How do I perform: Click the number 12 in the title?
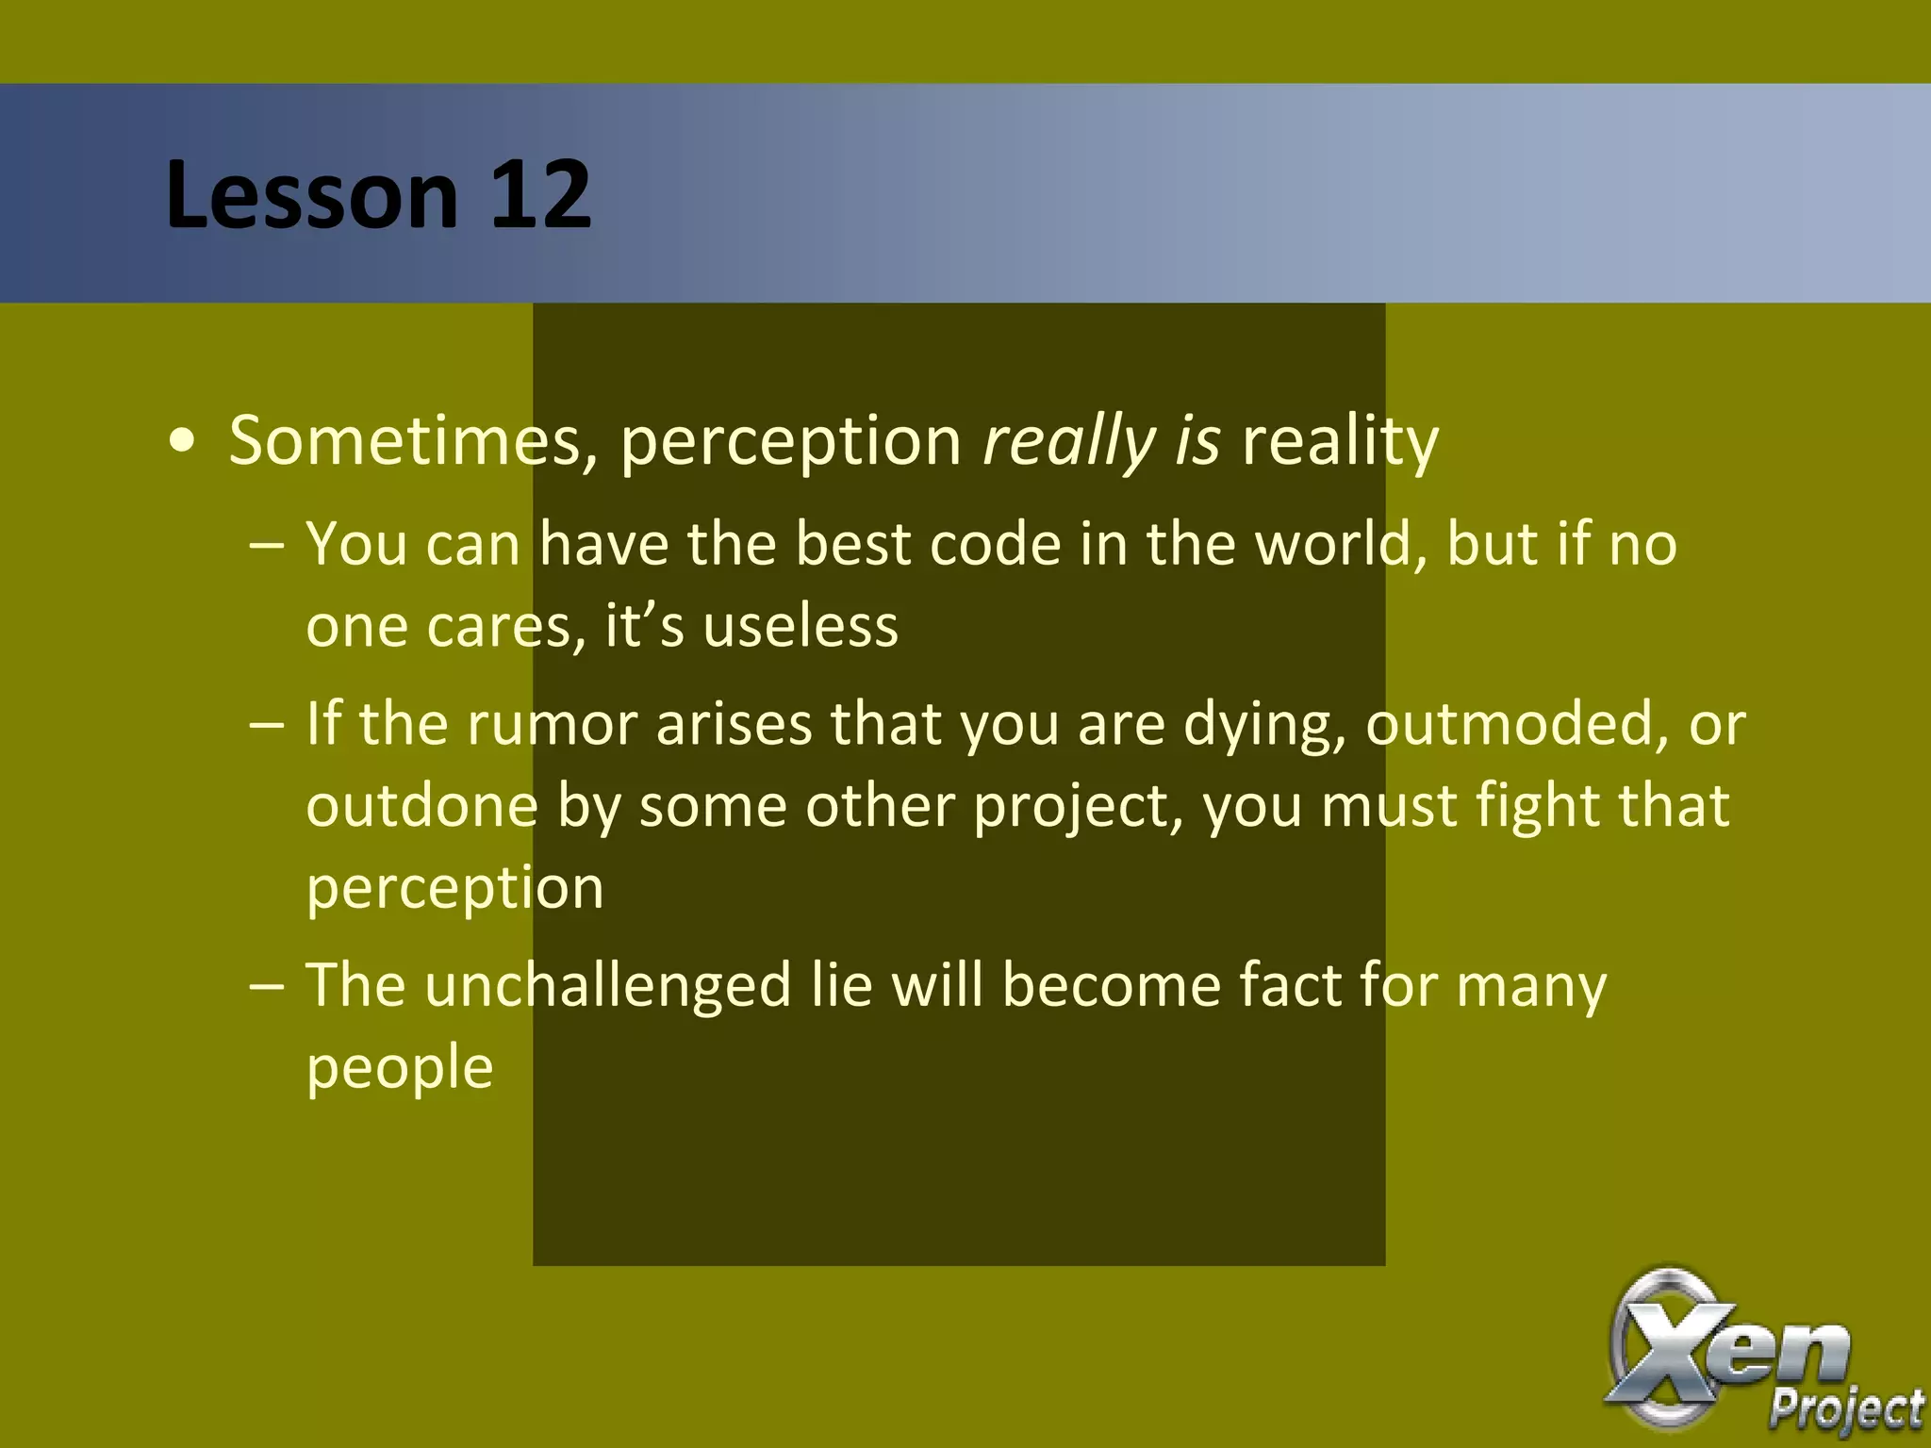[x=539, y=195]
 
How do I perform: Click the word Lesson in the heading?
[x=311, y=195]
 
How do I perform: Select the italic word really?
[x=1069, y=441]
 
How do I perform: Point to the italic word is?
[x=1197, y=441]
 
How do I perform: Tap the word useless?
[x=800, y=626]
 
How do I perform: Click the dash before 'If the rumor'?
[x=267, y=726]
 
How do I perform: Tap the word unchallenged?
[x=608, y=986]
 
